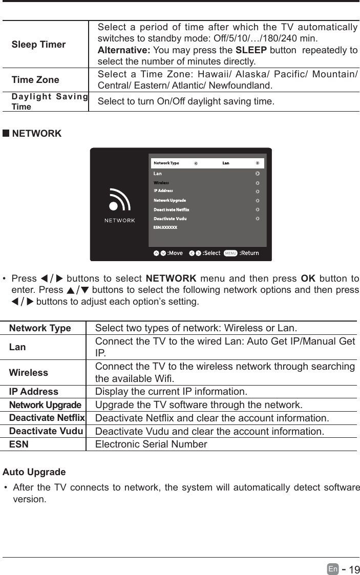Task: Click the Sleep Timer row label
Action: coord(38,45)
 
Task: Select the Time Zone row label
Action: coord(35,80)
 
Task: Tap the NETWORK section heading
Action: coord(36,134)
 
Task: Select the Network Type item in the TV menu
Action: coord(166,163)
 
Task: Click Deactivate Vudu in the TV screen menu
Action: coord(170,219)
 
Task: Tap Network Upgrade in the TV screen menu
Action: coord(170,200)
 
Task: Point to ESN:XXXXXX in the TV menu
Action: coord(165,227)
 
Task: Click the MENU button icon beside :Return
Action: coord(230,253)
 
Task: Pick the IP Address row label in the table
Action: coord(34,392)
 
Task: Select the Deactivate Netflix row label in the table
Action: coord(47,418)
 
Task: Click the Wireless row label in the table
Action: coord(29,373)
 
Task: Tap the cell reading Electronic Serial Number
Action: coord(151,444)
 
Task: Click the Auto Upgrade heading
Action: coord(34,472)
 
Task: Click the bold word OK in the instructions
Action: coord(308,279)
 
